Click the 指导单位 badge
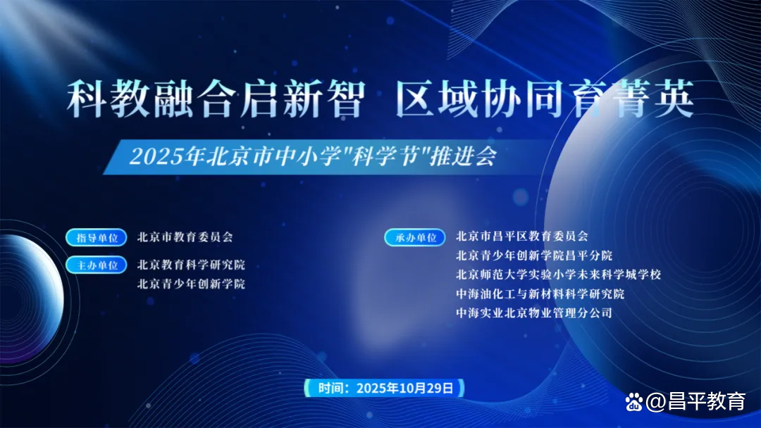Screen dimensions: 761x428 (x=97, y=237)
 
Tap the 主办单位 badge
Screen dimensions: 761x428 (x=97, y=265)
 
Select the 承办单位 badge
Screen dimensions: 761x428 (x=415, y=237)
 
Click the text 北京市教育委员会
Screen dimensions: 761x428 (x=185, y=237)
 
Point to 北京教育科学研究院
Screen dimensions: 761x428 (x=191, y=265)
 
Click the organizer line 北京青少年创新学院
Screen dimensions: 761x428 (x=191, y=284)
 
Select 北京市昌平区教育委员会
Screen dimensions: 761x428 (x=521, y=236)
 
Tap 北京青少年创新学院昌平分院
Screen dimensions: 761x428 (x=534, y=256)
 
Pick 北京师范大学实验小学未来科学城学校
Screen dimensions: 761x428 (x=558, y=275)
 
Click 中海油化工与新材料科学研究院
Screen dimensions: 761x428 (x=540, y=294)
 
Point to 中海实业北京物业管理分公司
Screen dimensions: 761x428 (x=534, y=313)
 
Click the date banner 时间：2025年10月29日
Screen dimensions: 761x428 (x=385, y=389)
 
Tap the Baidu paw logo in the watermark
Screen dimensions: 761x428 (x=634, y=402)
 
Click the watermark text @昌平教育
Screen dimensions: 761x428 (x=695, y=401)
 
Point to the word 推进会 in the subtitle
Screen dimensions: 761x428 (x=464, y=156)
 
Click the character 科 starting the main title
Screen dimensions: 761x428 (x=87, y=99)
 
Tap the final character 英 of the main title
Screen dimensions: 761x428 (x=674, y=99)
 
